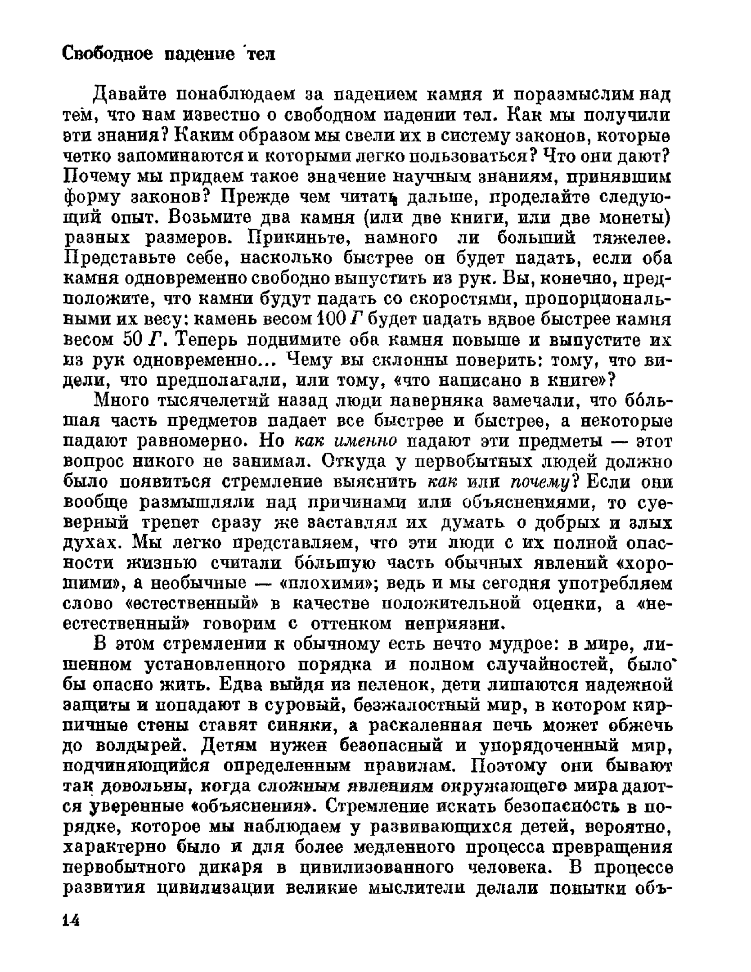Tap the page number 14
[x=71, y=921]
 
